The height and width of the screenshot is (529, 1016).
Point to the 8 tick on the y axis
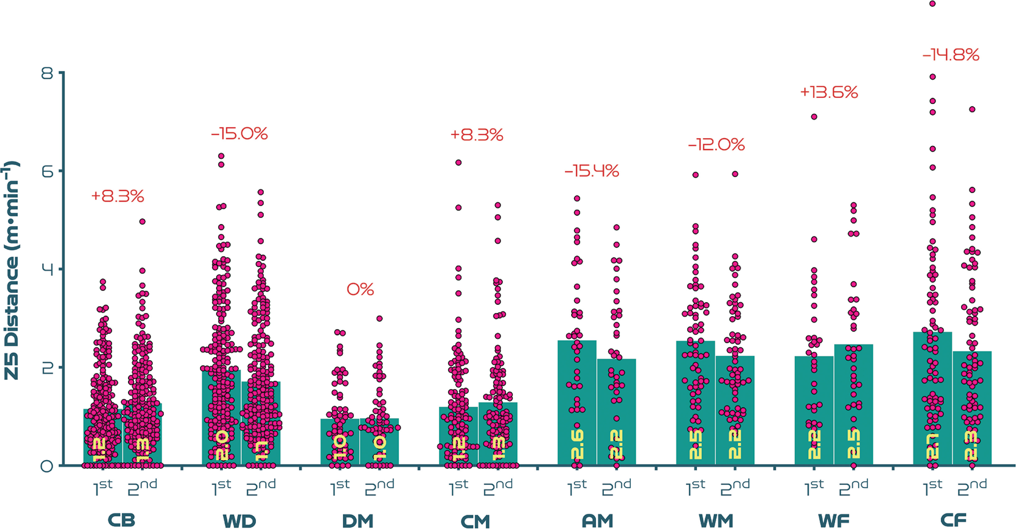point(47,73)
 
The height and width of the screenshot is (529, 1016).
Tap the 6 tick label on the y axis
point(47,171)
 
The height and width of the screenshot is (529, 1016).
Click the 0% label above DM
point(360,290)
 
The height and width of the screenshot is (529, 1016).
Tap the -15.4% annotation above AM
point(592,171)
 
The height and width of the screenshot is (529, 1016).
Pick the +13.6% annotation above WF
point(829,93)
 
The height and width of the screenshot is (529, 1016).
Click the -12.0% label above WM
point(716,145)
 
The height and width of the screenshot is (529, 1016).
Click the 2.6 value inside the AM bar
point(577,445)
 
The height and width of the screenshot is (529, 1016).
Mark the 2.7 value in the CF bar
point(932,447)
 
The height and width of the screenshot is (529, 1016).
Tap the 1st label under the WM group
point(695,488)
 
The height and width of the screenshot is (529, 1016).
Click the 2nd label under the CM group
point(498,488)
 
